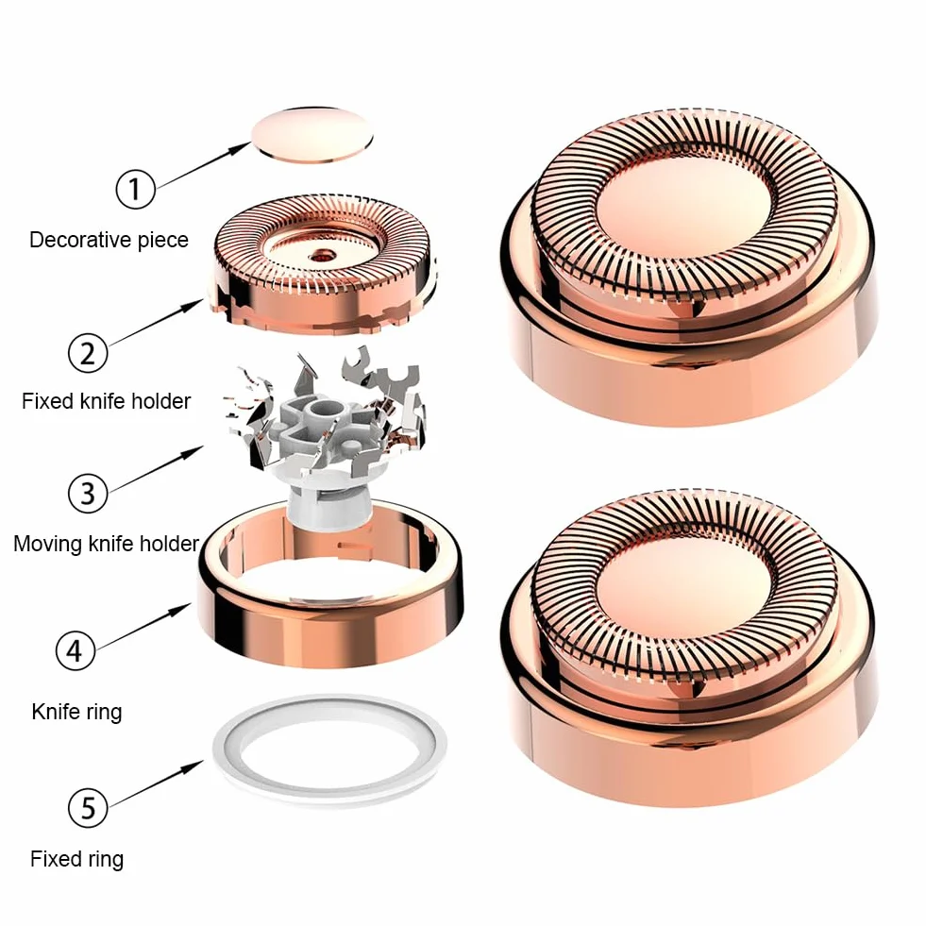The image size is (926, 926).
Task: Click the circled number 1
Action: [135, 189]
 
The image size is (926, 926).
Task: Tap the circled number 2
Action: [88, 353]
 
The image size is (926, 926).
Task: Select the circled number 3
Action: [88, 493]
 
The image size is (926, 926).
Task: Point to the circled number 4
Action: [75, 650]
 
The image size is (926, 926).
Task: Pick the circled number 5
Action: [88, 807]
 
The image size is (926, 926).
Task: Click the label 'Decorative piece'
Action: [109, 240]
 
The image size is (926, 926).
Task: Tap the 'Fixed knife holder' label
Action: [107, 401]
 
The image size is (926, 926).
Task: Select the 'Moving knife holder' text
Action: [107, 544]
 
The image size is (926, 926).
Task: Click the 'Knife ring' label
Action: [76, 712]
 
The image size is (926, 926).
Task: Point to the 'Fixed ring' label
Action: [76, 859]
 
